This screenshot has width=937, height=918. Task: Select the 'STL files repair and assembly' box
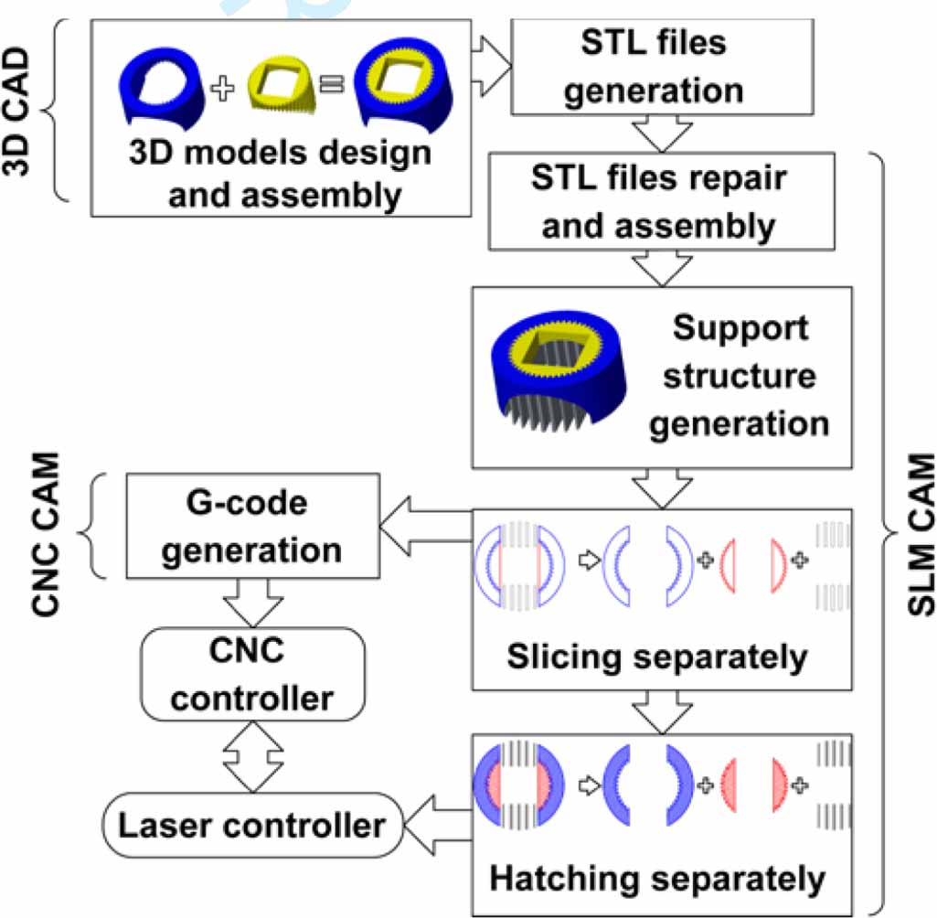663,201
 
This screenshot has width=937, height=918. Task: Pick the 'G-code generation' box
254,526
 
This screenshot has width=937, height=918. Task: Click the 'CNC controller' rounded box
252,675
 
